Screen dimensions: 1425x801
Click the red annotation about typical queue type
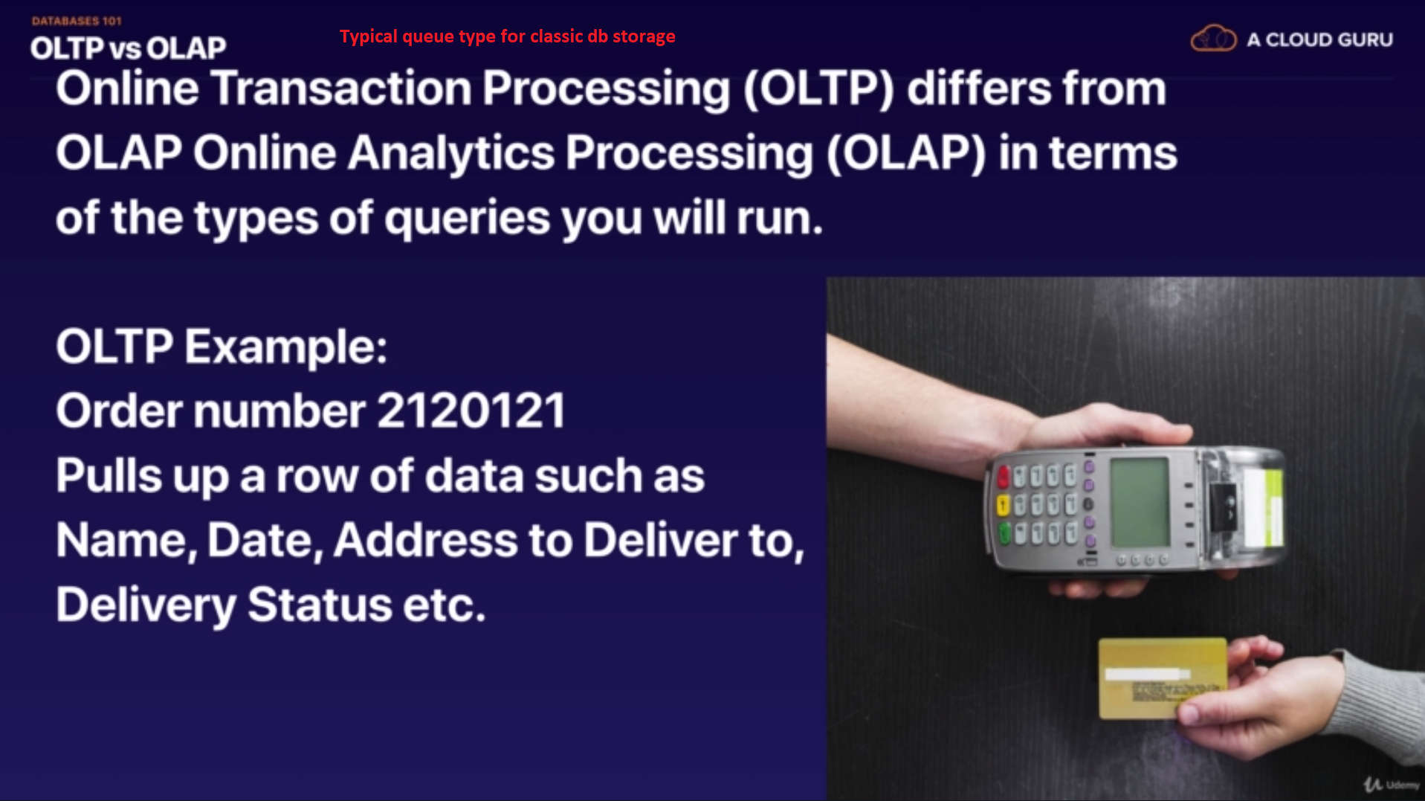click(507, 36)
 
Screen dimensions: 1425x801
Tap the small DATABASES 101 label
click(77, 21)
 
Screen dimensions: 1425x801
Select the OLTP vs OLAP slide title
click(128, 48)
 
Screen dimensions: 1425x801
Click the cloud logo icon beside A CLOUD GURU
click(1213, 39)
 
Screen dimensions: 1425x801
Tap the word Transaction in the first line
click(341, 89)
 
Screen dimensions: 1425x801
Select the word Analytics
click(450, 154)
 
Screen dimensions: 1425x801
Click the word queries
click(467, 219)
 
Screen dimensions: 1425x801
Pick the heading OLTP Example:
click(222, 347)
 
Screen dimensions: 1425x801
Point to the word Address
click(425, 540)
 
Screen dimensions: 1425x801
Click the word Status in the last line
click(320, 604)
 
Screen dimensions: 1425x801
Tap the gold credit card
click(1163, 678)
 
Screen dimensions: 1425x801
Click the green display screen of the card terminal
click(1139, 503)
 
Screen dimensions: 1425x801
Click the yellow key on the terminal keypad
click(1003, 506)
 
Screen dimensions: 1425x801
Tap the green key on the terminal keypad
click(1004, 533)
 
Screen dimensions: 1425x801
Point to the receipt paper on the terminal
click(1264, 506)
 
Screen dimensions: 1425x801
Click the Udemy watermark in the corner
click(1392, 785)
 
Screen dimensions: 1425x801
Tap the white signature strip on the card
click(1148, 674)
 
